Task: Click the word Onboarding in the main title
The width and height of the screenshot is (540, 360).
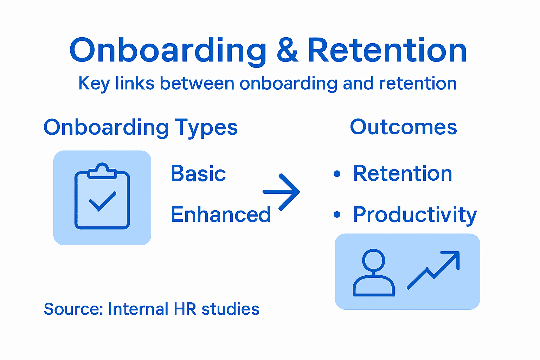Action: [x=168, y=51]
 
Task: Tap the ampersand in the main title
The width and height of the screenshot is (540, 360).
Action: [x=287, y=51]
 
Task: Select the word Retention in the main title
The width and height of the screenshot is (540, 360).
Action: [x=387, y=51]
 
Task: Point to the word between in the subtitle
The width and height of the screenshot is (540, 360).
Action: [x=197, y=84]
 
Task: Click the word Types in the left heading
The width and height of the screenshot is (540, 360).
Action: [x=206, y=128]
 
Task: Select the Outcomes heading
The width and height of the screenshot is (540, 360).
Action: [x=403, y=127]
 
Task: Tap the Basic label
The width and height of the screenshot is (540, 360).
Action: [x=198, y=174]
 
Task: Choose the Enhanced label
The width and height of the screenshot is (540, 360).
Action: [x=220, y=214]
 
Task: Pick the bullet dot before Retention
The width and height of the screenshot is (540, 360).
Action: [x=337, y=174]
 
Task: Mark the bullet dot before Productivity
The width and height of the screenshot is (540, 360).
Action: [x=337, y=214]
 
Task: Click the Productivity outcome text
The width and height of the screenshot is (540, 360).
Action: [x=415, y=214]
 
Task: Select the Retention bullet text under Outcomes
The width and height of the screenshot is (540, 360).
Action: [x=403, y=174]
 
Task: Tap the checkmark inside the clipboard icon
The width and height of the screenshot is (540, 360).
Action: [x=102, y=201]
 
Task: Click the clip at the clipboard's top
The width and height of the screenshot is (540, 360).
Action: [x=102, y=171]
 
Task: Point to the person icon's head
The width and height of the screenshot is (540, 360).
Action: [x=373, y=261]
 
